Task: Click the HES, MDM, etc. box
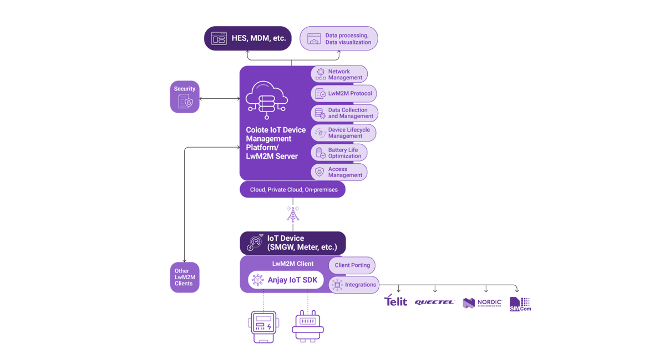click(247, 38)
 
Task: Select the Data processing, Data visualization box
click(339, 38)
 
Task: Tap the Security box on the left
click(185, 97)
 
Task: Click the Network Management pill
click(339, 74)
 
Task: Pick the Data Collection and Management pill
click(344, 113)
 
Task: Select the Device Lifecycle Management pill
click(343, 133)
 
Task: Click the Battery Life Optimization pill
click(339, 153)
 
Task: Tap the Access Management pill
click(339, 172)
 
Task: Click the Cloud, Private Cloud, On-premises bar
click(293, 190)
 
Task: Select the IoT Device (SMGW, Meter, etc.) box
click(293, 243)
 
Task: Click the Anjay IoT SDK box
click(286, 280)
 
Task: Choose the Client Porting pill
click(352, 265)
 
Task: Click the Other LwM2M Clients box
click(185, 278)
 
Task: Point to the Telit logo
click(395, 301)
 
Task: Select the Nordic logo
click(483, 303)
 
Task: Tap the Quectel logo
click(434, 302)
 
